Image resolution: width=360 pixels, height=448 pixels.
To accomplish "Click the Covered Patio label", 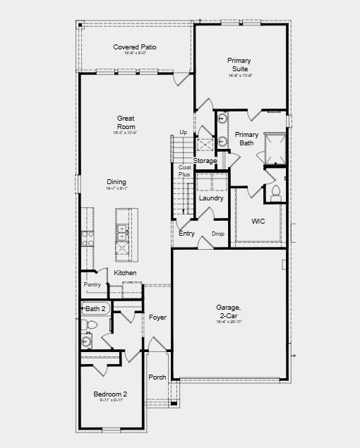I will click(x=135, y=47).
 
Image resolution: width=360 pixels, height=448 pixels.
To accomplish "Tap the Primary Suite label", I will click(x=239, y=65).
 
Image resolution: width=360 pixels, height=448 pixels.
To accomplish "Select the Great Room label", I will click(x=126, y=122).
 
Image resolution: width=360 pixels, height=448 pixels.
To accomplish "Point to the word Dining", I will click(x=116, y=182).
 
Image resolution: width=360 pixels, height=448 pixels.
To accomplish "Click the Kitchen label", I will click(x=126, y=273).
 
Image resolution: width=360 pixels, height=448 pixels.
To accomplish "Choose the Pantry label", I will click(x=92, y=284).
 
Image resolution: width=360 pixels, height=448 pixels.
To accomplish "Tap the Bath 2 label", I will click(x=95, y=308).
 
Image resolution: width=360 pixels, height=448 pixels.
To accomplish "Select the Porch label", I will click(x=157, y=377).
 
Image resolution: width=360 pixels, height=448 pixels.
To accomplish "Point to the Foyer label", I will click(x=157, y=317).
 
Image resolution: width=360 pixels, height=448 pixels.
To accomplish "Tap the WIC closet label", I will click(x=258, y=222).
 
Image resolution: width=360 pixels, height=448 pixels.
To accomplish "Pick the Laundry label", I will click(x=211, y=198).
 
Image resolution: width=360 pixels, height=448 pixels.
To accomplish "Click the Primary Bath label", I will click(x=247, y=138).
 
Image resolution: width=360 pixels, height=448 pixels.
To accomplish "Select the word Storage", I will click(x=205, y=161).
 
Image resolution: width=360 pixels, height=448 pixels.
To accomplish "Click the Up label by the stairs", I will click(x=184, y=132).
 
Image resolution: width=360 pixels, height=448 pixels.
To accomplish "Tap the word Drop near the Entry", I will click(x=217, y=234).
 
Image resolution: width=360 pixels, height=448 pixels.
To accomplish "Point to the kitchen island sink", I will click(x=122, y=229).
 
